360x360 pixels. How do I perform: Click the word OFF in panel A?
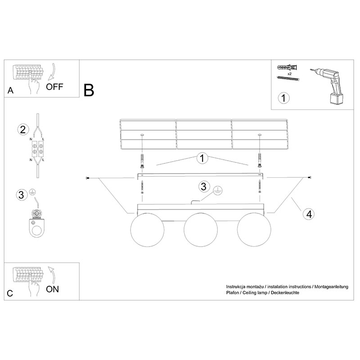pos(54,87)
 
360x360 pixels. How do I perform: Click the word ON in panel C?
pos(52,289)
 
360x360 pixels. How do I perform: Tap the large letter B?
pos(89,90)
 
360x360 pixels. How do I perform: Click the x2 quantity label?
pos(289,74)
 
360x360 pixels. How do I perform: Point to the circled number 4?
pos(309,214)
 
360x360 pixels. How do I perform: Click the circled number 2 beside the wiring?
pos(23,130)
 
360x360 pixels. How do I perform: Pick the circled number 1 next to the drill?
pos(283,98)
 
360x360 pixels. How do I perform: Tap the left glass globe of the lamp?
pos(147,230)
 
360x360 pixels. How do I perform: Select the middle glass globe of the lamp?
pos(201,230)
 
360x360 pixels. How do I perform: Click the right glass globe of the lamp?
pos(254,230)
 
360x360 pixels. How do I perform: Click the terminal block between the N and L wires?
pos(38,149)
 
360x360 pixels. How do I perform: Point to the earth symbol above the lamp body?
pos(218,190)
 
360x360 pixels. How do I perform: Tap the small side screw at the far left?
pos(87,178)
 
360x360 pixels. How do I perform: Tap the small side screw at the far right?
pos(309,177)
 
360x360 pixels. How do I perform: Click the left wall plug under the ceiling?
pos(142,161)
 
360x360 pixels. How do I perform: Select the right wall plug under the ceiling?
pos(260,160)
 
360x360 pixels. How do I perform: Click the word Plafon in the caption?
pos(232,293)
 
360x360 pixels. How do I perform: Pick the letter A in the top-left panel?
pos(10,90)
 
